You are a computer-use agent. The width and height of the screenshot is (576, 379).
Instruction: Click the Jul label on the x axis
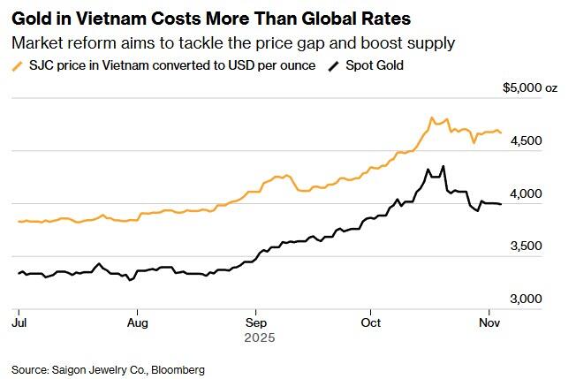point(19,323)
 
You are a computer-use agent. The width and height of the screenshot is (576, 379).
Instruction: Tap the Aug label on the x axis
point(137,323)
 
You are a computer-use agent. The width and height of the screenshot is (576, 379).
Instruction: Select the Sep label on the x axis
point(255,323)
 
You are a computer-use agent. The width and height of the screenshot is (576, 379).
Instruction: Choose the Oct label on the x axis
point(370,323)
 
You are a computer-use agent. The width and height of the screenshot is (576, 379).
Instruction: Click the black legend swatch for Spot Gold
point(333,66)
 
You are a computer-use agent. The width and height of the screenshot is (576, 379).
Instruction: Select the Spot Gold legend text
point(374,65)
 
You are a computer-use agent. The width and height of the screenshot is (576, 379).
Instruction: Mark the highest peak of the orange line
point(431,117)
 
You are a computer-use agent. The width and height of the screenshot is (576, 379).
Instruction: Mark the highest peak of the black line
point(443,166)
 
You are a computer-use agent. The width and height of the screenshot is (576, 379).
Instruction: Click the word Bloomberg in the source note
point(177,368)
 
